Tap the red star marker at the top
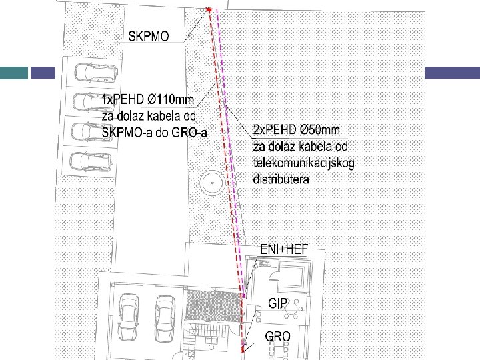point(209,10)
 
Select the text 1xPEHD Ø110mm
point(147,100)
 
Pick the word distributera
point(281,179)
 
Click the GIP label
point(278,303)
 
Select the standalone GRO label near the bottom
point(277,336)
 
